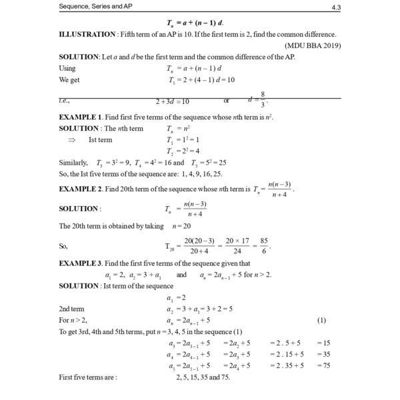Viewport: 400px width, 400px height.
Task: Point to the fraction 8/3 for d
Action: coord(263,99)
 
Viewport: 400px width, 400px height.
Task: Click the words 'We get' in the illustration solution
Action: coord(70,79)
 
